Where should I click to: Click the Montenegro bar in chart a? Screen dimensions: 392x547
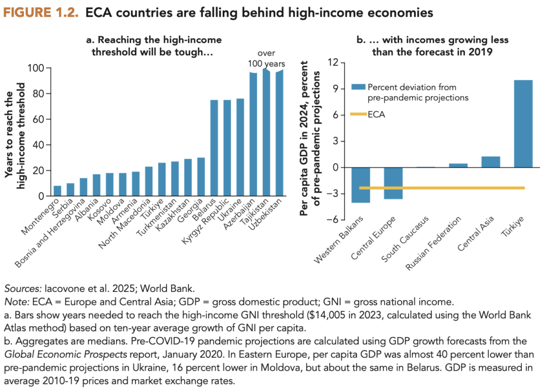click(58, 191)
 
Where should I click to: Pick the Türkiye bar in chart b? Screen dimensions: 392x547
click(523, 124)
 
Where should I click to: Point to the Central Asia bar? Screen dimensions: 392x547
click(490, 162)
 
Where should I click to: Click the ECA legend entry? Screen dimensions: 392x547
click(376, 114)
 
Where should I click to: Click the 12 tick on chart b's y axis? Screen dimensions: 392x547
click(333, 63)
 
